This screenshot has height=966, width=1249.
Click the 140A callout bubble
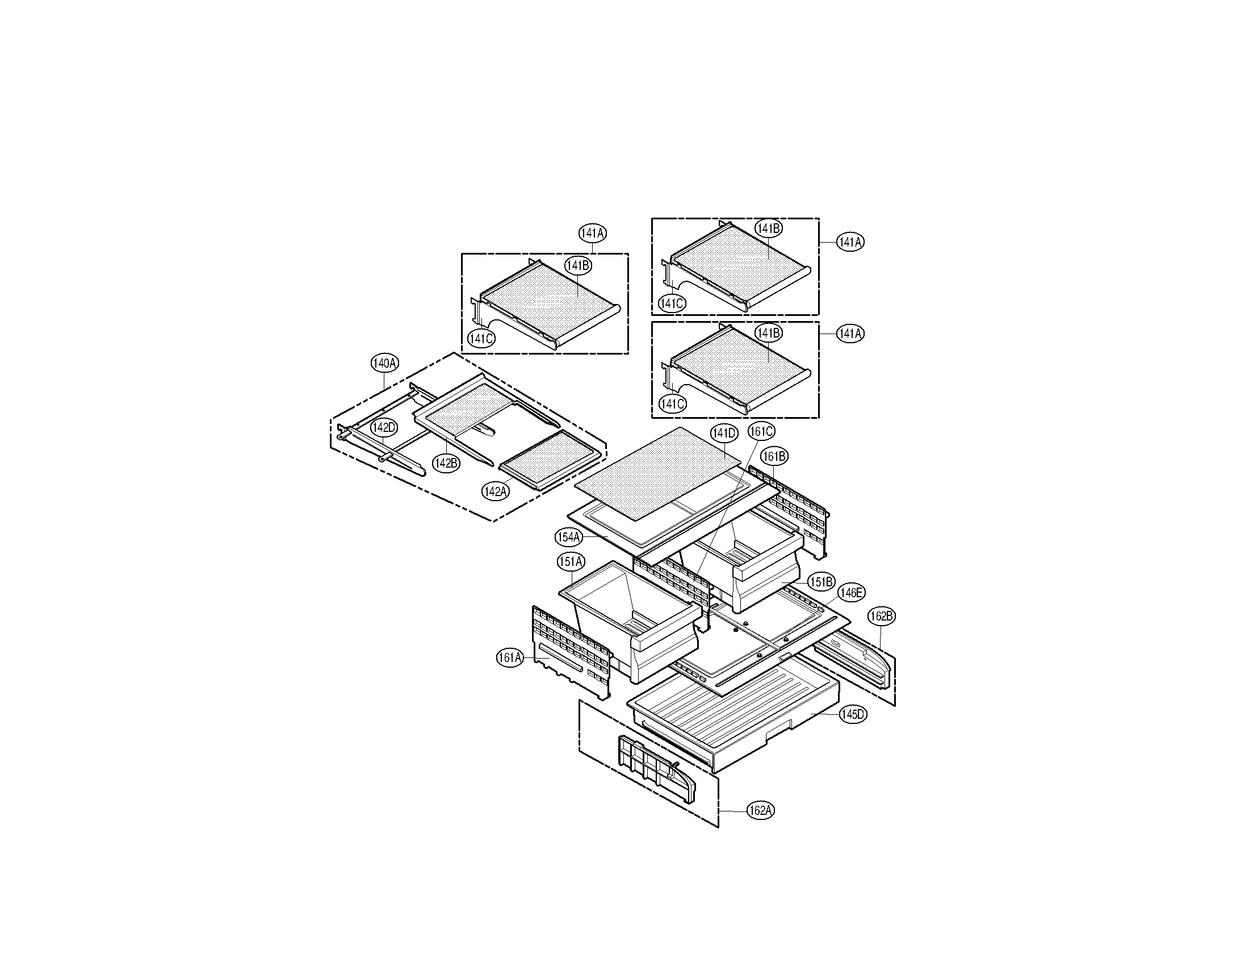[385, 363]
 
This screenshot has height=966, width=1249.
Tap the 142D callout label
[383, 427]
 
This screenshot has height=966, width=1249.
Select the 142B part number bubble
[446, 463]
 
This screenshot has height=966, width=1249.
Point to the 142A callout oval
[496, 491]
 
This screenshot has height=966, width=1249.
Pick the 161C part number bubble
[761, 431]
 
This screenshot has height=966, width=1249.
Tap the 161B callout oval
[775, 456]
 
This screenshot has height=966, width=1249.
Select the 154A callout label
[569, 537]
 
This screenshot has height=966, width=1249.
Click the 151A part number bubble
[571, 562]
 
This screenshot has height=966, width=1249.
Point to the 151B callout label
[822, 582]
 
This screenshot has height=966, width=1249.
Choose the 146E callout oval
[851, 593]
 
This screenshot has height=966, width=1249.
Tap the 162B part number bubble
[881, 617]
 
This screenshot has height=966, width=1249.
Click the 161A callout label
[510, 658]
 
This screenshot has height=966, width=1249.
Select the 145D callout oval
[853, 714]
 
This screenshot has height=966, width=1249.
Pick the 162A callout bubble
[761, 810]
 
